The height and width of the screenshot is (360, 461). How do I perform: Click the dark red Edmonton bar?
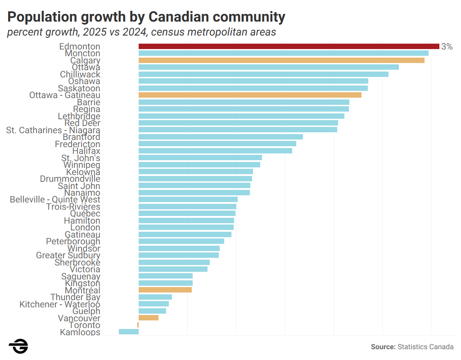(289, 46)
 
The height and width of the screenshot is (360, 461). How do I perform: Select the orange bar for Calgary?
(281, 60)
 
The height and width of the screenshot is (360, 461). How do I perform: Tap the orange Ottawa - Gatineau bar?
(250, 95)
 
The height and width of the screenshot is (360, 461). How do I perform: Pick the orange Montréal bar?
(165, 290)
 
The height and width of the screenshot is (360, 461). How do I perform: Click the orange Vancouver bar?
(149, 318)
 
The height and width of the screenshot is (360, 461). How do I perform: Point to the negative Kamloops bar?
(129, 332)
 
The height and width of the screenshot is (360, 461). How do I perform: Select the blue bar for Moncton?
(283, 53)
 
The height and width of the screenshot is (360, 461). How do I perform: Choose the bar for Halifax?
(215, 151)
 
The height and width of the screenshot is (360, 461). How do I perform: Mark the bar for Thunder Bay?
(155, 297)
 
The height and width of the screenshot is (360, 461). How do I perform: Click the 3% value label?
(447, 46)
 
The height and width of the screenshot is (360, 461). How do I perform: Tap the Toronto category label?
(85, 325)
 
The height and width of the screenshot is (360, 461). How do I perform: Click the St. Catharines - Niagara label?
(53, 130)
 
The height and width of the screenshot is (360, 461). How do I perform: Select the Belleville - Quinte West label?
(55, 199)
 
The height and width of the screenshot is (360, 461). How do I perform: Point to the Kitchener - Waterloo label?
(60, 304)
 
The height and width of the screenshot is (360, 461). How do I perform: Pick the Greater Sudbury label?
(68, 255)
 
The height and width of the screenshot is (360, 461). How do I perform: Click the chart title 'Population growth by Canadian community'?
(146, 17)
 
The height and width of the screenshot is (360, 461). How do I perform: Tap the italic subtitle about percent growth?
(141, 33)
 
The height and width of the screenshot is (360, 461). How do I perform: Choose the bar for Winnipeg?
(199, 165)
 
